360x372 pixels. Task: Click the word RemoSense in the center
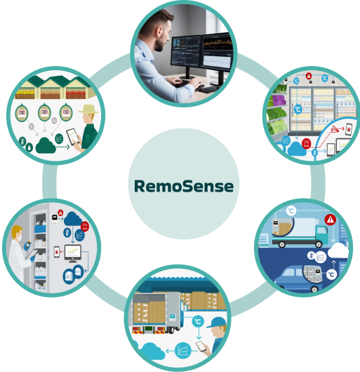click(x=184, y=186)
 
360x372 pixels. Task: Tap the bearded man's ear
click(x=160, y=32)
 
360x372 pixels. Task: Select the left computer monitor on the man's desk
click(x=186, y=51)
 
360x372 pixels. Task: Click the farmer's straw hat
click(x=88, y=109)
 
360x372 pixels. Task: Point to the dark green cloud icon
click(x=46, y=145)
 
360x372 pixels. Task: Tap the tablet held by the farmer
click(x=72, y=136)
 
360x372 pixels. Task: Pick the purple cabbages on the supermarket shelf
click(x=279, y=100)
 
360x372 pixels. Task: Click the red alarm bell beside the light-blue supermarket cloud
click(x=306, y=143)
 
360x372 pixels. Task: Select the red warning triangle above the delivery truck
click(x=330, y=220)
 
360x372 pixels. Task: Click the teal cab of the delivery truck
click(x=322, y=234)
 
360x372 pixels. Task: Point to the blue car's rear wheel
click(x=314, y=289)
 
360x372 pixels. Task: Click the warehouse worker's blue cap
click(x=216, y=322)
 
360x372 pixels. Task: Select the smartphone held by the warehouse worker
click(x=201, y=346)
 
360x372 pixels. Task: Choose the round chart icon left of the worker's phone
click(x=183, y=350)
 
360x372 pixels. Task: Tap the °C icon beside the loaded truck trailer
click(x=198, y=321)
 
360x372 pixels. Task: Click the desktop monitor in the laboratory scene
click(x=73, y=253)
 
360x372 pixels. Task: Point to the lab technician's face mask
click(x=20, y=237)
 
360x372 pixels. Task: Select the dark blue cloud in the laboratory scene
click(x=73, y=219)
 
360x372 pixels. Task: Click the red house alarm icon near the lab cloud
click(x=85, y=226)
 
